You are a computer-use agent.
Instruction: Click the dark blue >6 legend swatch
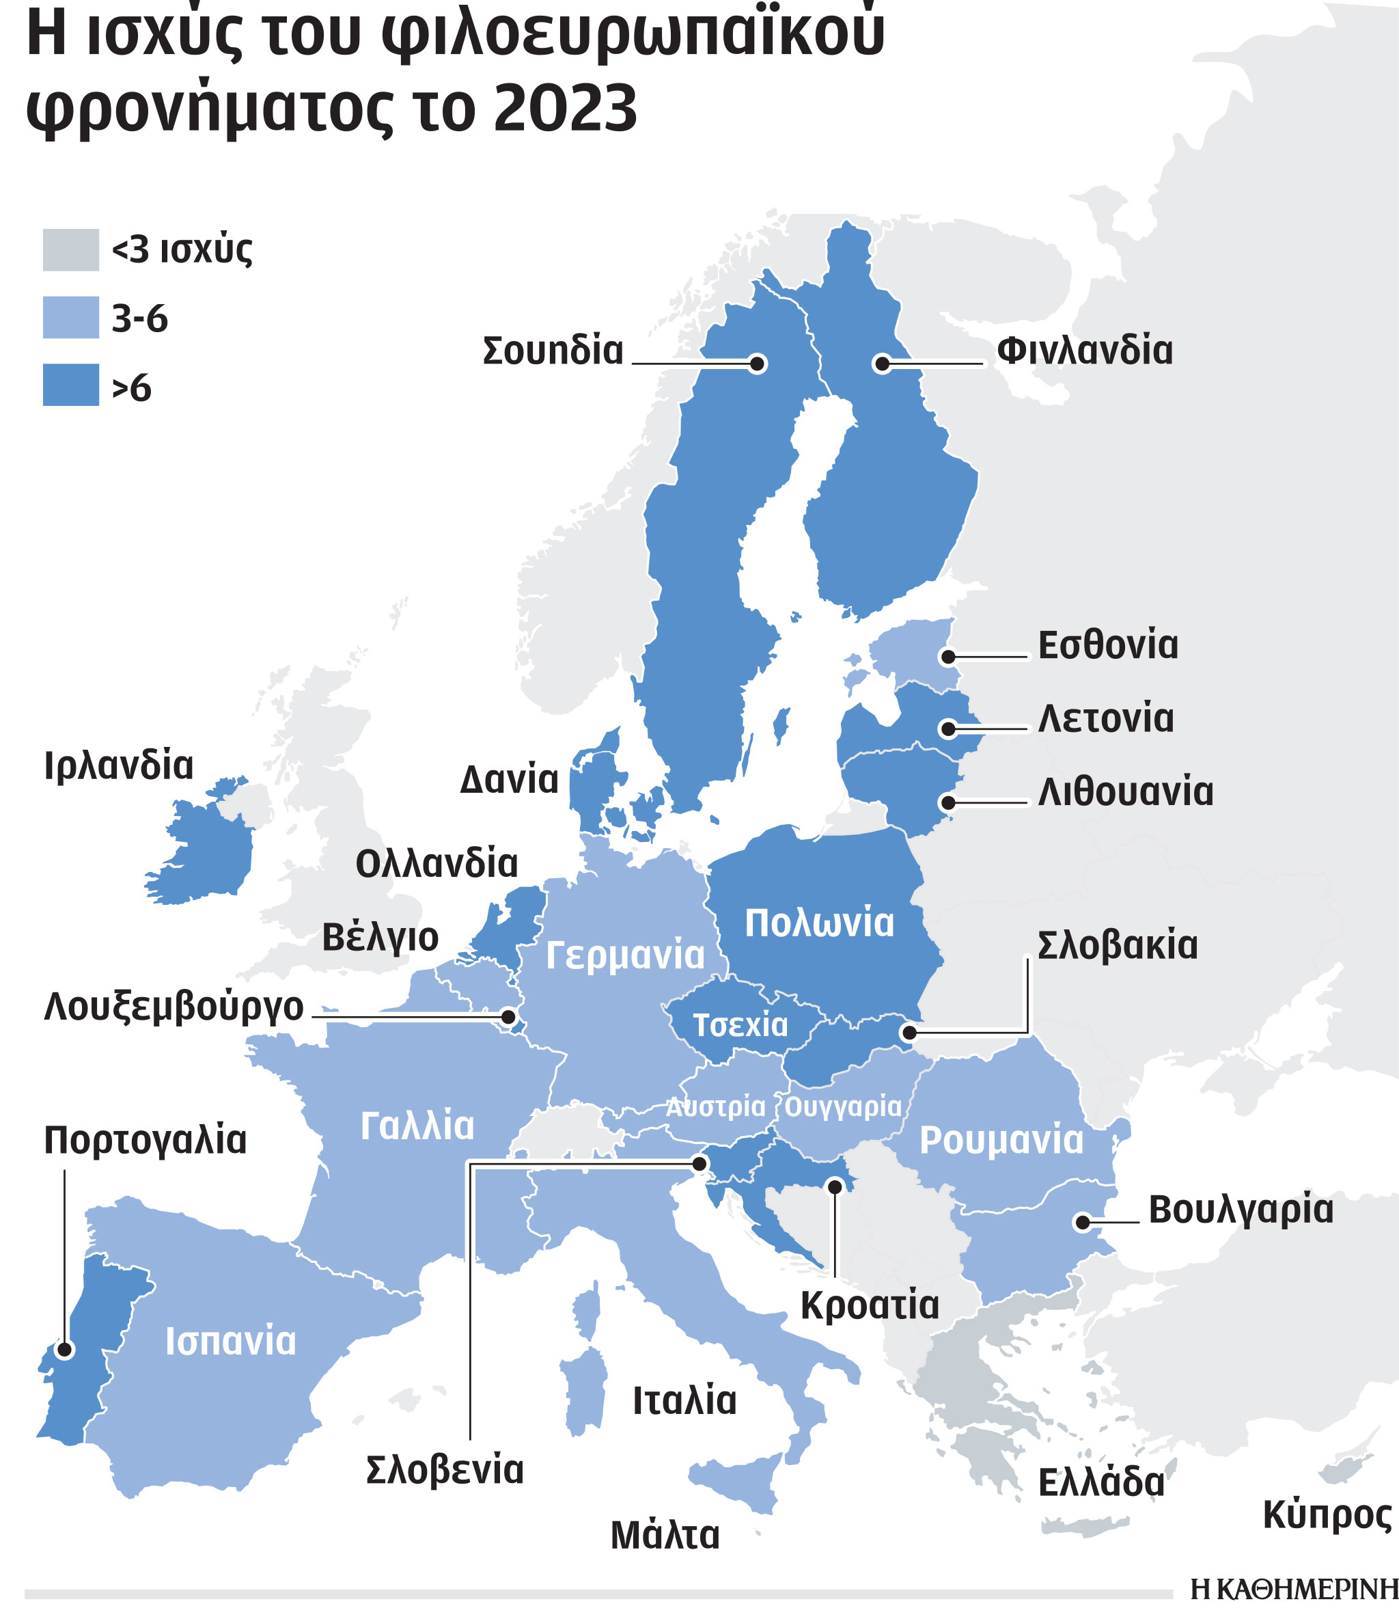(70, 385)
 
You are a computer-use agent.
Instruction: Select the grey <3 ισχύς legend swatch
(70, 249)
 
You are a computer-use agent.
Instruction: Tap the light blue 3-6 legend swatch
(70, 316)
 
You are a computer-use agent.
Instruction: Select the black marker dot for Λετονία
(947, 729)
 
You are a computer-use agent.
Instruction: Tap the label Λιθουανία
(1125, 792)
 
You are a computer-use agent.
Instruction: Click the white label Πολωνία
(818, 923)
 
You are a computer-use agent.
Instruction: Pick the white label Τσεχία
(740, 1025)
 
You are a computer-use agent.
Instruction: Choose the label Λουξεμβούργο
(174, 1007)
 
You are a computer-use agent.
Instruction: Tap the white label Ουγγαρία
(843, 1107)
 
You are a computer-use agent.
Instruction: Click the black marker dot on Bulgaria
(1082, 1222)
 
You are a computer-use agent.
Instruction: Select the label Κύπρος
(1327, 1515)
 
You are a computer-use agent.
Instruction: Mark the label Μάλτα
(664, 1536)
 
